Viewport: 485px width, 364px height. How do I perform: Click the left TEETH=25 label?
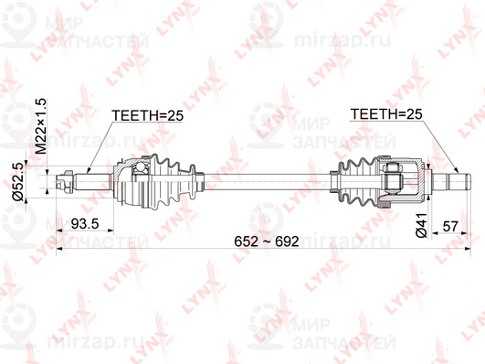[x=148, y=115]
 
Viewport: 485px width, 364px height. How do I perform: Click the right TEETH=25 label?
[x=386, y=114]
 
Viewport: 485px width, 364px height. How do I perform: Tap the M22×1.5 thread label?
[x=40, y=126]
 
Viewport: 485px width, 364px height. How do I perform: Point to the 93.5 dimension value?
[x=85, y=224]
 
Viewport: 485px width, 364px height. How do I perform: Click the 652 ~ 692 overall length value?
[x=267, y=241]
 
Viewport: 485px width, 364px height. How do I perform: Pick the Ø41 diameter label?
[x=421, y=225]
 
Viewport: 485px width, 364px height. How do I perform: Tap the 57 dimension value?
[x=449, y=226]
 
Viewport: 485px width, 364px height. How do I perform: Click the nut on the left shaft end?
[x=68, y=181]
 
